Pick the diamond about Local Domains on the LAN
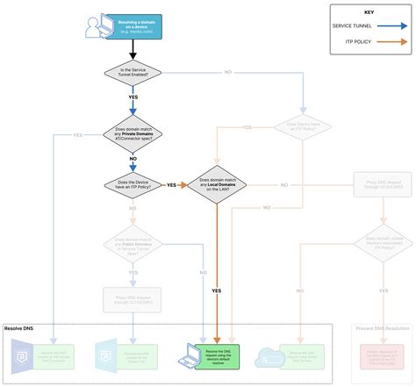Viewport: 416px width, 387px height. tap(216, 185)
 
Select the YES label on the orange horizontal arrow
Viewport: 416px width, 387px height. tap(172, 185)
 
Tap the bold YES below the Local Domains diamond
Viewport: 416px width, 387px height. tap(216, 290)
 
